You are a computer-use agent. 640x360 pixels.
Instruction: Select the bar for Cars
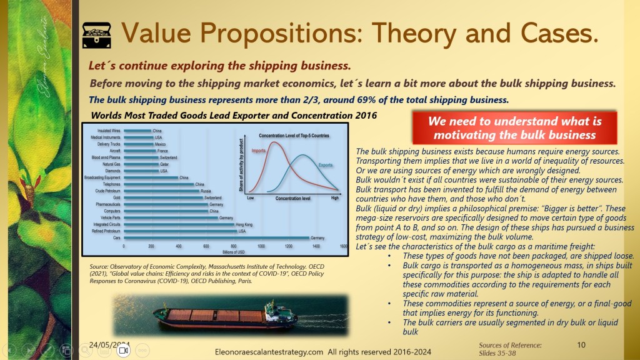[x=216, y=237]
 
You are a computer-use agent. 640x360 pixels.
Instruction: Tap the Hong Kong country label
[x=243, y=224]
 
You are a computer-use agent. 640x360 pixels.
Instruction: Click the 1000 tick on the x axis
[x=261, y=246]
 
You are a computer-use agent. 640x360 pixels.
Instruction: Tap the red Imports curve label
[x=258, y=151]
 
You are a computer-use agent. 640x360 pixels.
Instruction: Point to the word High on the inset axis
[x=334, y=197]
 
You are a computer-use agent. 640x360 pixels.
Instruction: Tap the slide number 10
[x=581, y=344]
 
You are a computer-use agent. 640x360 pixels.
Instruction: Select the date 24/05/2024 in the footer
[x=109, y=344]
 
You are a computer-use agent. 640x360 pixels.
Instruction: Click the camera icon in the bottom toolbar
[x=123, y=351]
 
